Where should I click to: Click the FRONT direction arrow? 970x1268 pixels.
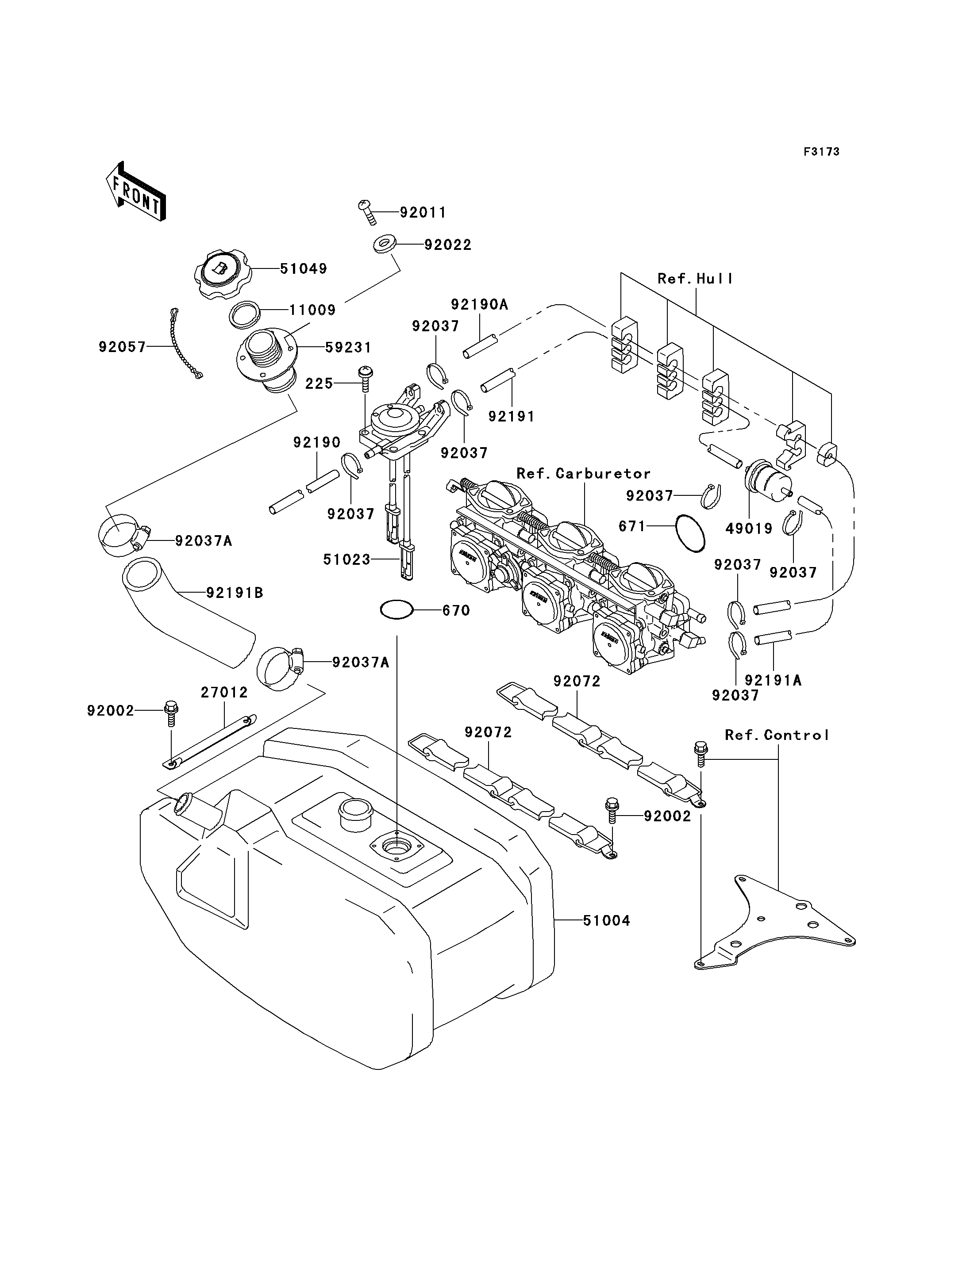click(136, 192)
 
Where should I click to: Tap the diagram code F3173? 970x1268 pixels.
click(822, 152)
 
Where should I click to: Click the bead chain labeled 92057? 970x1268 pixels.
click(185, 343)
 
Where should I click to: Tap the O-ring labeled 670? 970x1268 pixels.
click(396, 609)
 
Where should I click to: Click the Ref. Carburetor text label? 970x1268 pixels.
click(583, 473)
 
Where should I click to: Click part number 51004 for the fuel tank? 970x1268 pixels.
click(606, 920)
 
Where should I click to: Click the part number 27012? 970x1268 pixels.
click(224, 692)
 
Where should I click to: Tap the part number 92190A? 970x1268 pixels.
click(479, 304)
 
